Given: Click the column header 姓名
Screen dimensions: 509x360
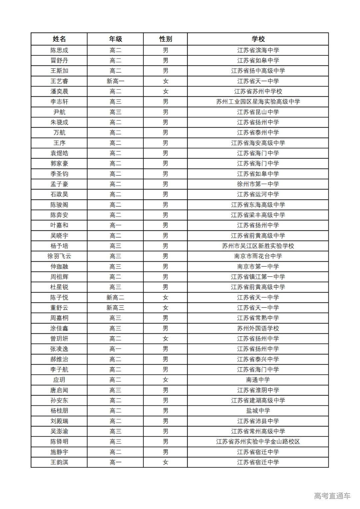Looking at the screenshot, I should click(x=59, y=39).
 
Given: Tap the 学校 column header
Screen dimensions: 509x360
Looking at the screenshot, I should click(x=258, y=39).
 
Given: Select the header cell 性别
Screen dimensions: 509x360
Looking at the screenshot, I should click(x=165, y=39).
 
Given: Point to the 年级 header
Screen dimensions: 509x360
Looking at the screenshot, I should click(x=115, y=39).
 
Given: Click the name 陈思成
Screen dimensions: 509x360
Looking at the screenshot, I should click(x=59, y=50).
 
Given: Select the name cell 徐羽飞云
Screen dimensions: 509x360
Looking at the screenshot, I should click(x=59, y=256).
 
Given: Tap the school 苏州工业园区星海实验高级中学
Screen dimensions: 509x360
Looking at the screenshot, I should click(x=258, y=102).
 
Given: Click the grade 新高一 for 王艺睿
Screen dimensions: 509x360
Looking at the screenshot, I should click(x=115, y=81).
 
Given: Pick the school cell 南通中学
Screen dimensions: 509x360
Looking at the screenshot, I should click(x=258, y=380).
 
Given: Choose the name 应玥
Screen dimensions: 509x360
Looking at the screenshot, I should click(x=59, y=380).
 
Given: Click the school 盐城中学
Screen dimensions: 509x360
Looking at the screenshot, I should click(x=258, y=411).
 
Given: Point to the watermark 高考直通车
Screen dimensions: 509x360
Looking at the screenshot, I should click(x=332, y=496).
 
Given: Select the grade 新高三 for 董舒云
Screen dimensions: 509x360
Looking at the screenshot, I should click(x=115, y=308).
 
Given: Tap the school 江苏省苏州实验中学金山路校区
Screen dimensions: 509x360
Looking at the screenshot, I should click(x=258, y=442).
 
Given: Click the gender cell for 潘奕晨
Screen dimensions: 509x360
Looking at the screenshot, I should click(x=165, y=92).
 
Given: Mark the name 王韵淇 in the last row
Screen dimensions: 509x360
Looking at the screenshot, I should click(x=59, y=462).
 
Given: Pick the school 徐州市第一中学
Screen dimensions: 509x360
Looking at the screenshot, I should click(x=258, y=184).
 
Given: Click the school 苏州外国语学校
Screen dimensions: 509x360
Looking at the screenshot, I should click(x=258, y=328).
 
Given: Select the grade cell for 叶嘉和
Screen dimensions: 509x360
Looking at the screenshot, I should click(x=115, y=226).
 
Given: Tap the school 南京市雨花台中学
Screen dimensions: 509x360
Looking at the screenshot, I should click(x=258, y=256).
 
